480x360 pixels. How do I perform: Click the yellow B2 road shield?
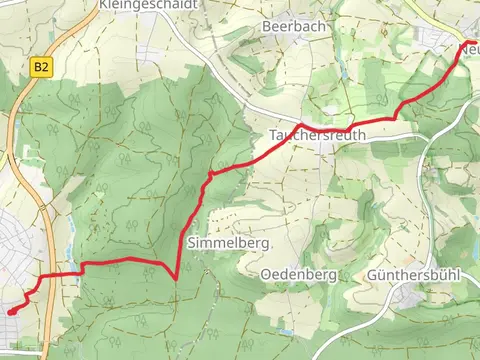click(40, 67)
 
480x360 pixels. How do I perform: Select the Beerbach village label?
click(293, 26)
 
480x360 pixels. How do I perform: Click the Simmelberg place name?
click(219, 242)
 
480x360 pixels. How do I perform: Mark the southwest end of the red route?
click(10, 312)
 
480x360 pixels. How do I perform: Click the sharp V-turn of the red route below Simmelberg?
click(176, 278)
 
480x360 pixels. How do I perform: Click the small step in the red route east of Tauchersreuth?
click(398, 109)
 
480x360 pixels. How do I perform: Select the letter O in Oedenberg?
click(265, 273)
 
